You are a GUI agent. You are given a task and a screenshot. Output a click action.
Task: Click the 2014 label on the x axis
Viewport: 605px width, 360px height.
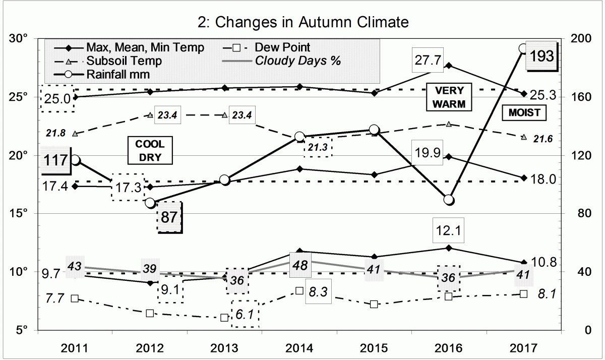tap(299, 348)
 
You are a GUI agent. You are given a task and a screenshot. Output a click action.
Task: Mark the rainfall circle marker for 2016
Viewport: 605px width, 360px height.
tap(449, 200)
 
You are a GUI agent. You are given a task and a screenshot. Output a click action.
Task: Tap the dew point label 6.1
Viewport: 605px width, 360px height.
tap(245, 314)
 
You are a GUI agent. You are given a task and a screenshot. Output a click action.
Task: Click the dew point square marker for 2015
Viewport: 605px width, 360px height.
tap(374, 304)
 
